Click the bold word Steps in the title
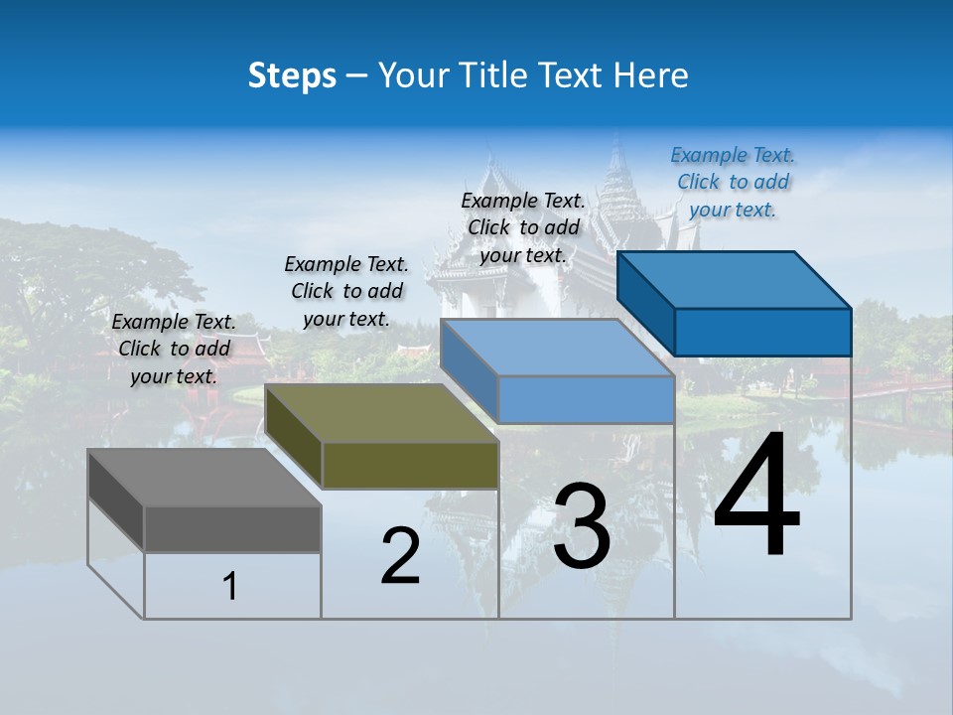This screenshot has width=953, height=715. tap(292, 75)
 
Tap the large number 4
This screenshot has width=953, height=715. tap(756, 497)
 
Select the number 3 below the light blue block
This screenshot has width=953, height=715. tap(582, 526)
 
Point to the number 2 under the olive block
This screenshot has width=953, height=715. tap(401, 556)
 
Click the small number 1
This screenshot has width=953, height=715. tap(230, 587)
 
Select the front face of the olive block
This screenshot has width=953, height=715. tap(410, 465)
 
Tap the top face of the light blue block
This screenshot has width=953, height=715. tap(556, 348)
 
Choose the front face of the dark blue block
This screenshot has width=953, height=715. tap(762, 332)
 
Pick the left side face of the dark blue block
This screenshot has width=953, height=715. tap(645, 302)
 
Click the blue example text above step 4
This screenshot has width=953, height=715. tap(733, 182)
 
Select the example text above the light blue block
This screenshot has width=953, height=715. tap(523, 227)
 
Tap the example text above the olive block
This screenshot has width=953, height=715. tap(346, 291)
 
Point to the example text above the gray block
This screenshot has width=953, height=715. tap(174, 349)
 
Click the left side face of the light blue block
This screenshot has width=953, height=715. tap(468, 370)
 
